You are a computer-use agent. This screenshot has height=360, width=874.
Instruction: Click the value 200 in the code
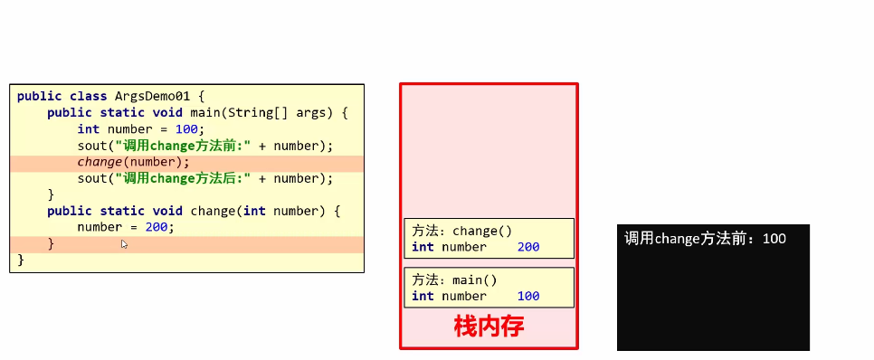157,227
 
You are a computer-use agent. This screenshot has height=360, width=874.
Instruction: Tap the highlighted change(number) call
133,162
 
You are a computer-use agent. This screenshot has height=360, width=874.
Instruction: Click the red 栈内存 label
489,327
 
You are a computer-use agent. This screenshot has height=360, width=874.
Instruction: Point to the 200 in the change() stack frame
528,247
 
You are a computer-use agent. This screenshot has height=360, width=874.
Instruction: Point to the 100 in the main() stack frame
528,296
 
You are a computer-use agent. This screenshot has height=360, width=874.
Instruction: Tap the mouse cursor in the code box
124,244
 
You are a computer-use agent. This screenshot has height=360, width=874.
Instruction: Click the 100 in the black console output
774,239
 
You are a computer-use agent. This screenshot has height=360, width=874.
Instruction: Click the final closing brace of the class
20,260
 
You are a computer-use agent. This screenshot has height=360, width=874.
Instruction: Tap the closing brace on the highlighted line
51,243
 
